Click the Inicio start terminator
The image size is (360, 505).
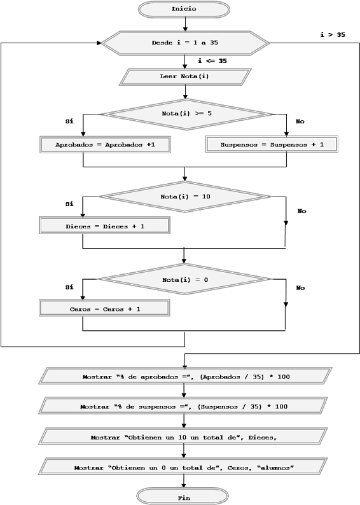184,9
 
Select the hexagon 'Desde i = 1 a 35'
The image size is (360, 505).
185,43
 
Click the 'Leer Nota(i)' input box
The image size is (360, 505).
185,77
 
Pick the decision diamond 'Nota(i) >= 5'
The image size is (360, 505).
186,114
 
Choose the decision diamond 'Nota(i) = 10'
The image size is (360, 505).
185,197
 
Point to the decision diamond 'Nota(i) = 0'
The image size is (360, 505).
184,279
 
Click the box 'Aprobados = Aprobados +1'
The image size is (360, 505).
106,144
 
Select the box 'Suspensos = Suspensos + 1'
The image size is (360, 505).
272,144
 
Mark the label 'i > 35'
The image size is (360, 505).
333,35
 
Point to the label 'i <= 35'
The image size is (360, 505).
212,61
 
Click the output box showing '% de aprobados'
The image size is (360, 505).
186,376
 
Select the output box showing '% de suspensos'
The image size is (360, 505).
183,406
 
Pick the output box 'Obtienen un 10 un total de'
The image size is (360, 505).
183,436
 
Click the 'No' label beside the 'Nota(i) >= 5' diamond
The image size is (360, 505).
300,121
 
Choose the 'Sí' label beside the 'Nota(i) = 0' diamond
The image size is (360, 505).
69,287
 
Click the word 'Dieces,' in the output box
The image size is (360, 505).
263,438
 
